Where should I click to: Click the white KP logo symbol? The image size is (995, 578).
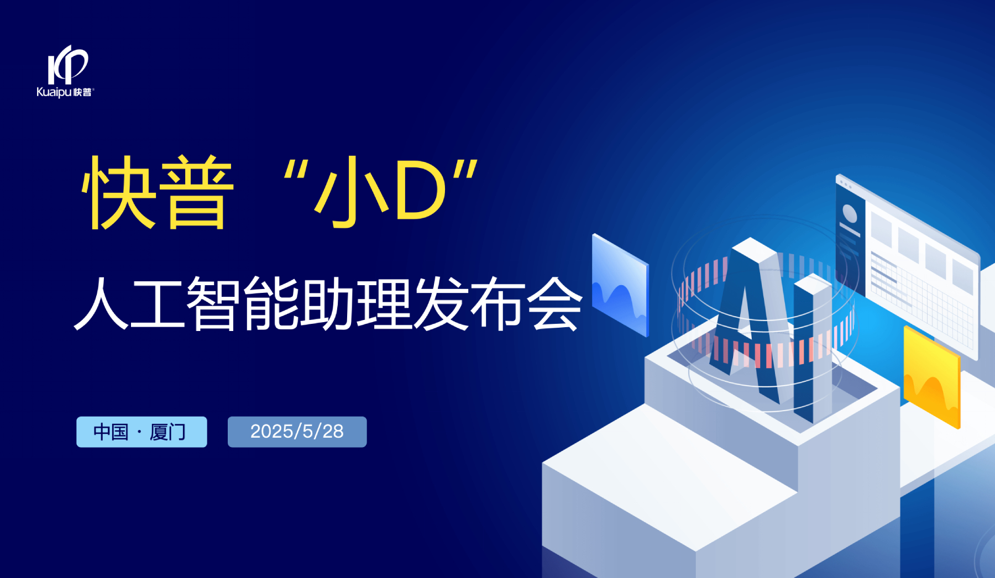67,65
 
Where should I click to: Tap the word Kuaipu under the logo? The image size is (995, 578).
54,92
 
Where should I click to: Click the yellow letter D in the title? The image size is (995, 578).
421,191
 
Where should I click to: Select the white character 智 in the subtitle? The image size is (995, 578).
214,303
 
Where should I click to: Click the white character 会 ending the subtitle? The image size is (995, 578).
554,303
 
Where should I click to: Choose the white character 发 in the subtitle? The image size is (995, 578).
441,303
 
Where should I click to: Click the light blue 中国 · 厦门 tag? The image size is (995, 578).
142,432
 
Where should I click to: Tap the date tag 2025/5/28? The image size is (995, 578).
297,432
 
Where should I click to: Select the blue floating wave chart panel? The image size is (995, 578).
620,285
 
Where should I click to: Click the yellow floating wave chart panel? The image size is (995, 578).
932,377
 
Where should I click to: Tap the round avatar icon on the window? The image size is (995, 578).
849,213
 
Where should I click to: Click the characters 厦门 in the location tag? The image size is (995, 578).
167,432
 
